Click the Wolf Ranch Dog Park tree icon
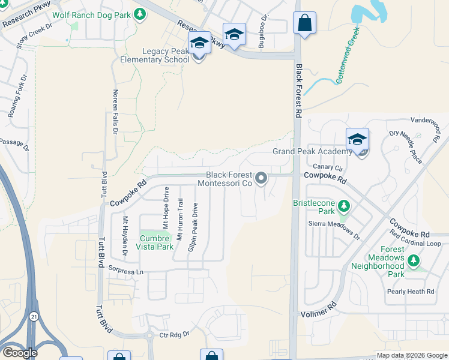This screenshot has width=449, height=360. pyautogui.click(x=140, y=14)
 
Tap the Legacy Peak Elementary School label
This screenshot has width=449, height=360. pyautogui.click(x=154, y=55)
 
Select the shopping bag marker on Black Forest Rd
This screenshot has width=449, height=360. pyautogui.click(x=304, y=23)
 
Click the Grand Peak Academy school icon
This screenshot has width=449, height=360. pyautogui.click(x=357, y=140)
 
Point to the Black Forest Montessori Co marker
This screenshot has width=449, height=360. pyautogui.click(x=261, y=178)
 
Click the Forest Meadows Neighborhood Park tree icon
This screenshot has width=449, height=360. pyautogui.click(x=413, y=261)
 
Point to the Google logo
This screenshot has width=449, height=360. pyautogui.click(x=19, y=353)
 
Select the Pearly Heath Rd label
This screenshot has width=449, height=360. pyautogui.click(x=410, y=292)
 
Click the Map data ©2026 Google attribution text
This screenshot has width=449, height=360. pyautogui.click(x=411, y=355)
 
